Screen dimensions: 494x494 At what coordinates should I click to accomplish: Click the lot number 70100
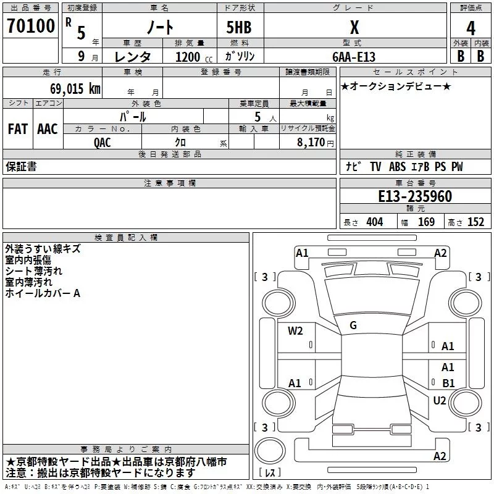coord(30,26)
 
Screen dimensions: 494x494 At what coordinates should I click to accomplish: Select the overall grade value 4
coord(471,28)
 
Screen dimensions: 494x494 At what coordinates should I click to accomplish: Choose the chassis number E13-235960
coord(415,197)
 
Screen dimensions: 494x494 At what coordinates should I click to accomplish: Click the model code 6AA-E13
coord(354,57)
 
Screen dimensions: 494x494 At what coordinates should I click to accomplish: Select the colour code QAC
coord(103,142)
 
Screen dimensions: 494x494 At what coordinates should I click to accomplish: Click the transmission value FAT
coord(17,129)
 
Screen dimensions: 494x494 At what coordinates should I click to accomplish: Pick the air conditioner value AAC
coord(47,129)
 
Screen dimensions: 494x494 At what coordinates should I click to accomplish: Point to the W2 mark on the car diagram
coord(295,330)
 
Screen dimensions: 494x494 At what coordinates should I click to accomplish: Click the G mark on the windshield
coord(353,325)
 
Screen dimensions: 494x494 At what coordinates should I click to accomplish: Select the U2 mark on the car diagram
coord(440,401)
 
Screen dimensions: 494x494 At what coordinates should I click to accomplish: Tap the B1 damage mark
coord(448,383)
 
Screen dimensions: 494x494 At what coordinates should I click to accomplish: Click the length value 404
coord(374,222)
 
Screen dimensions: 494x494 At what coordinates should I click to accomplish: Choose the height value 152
coord(475,222)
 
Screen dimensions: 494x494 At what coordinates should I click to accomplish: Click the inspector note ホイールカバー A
coord(43,293)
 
